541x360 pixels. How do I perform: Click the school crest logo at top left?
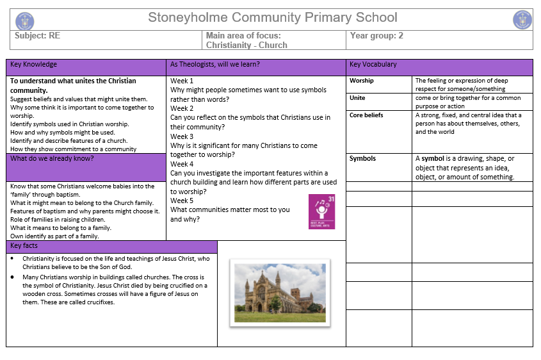[24, 20]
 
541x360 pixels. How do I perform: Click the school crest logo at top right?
[522, 20]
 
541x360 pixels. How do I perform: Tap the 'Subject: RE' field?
[37, 36]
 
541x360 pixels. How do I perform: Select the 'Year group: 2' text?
[376, 36]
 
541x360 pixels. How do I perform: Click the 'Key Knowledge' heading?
[34, 65]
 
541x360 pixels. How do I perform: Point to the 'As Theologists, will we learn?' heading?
[214, 65]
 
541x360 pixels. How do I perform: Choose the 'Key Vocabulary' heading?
[373, 65]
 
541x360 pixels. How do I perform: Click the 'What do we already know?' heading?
[52, 158]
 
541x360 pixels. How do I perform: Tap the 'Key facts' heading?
[24, 245]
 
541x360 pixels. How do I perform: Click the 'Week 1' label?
[182, 81]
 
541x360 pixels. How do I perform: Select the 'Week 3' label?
[182, 136]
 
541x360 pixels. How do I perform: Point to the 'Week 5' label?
[182, 200]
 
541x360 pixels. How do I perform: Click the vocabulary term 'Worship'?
[362, 81]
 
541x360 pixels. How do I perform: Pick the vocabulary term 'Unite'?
[357, 98]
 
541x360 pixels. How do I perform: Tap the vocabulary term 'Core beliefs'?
[366, 115]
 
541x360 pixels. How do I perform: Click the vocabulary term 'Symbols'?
[362, 158]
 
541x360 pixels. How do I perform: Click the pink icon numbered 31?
[321, 211]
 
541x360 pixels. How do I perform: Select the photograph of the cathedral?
[280, 291]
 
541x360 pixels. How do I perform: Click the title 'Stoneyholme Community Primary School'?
[273, 17]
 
